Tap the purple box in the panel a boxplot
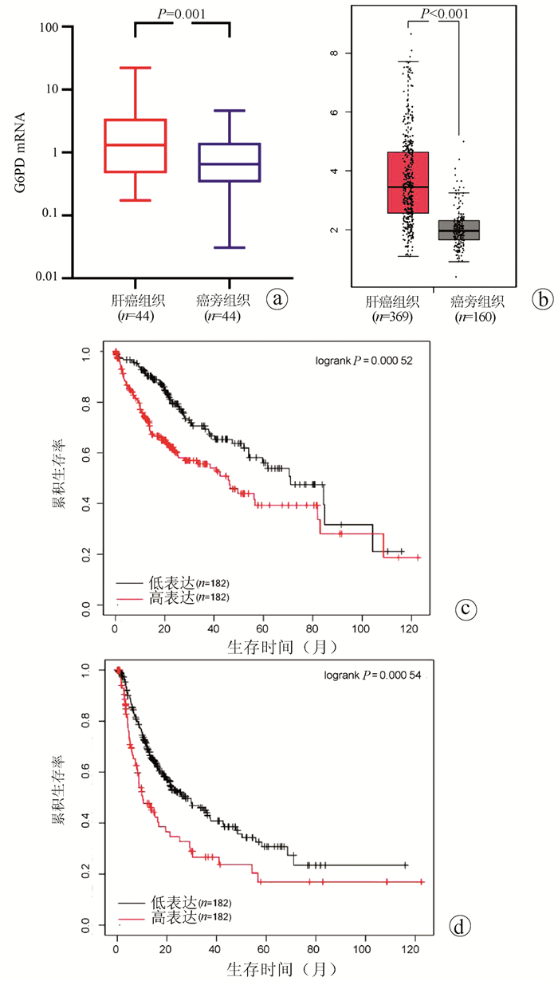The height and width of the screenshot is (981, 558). pos(230,163)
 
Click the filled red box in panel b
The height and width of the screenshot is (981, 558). pos(407,183)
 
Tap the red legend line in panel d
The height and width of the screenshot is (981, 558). pos(132,919)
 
